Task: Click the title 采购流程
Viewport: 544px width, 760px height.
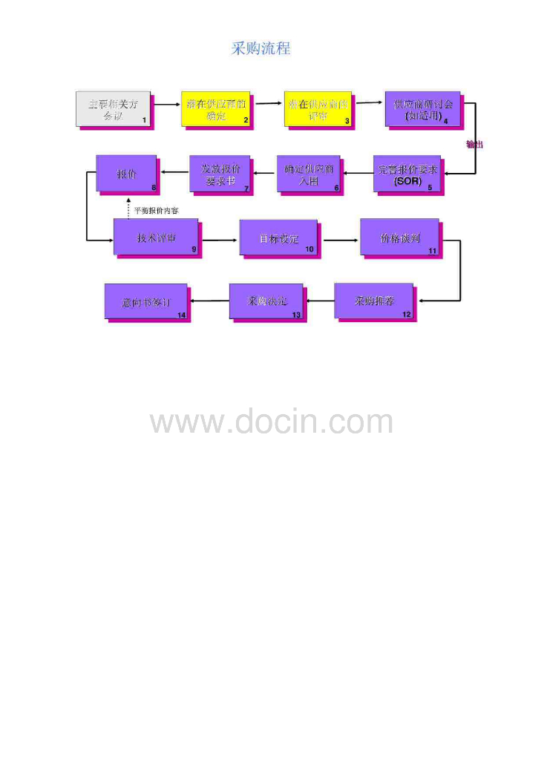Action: tap(260, 49)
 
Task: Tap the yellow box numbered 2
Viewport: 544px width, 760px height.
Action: tap(216, 108)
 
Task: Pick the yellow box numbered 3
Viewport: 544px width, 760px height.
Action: tap(317, 108)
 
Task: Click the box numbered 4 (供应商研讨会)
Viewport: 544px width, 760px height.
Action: tap(422, 108)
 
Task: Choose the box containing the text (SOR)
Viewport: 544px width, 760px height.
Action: tap(407, 174)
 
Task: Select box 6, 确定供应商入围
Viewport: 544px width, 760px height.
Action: tap(309, 174)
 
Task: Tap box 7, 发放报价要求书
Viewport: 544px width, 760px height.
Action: tap(220, 174)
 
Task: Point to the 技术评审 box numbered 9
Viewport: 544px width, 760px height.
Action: tap(156, 237)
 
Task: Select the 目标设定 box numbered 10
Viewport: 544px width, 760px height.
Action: tap(278, 238)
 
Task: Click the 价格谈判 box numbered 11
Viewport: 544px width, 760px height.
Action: tap(399, 237)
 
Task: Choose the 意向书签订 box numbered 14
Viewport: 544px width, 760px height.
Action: tap(145, 303)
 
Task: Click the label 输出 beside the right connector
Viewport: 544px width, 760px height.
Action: tap(475, 144)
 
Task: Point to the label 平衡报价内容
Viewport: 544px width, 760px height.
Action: tap(155, 211)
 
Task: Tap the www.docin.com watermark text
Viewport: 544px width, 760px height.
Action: tap(272, 422)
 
